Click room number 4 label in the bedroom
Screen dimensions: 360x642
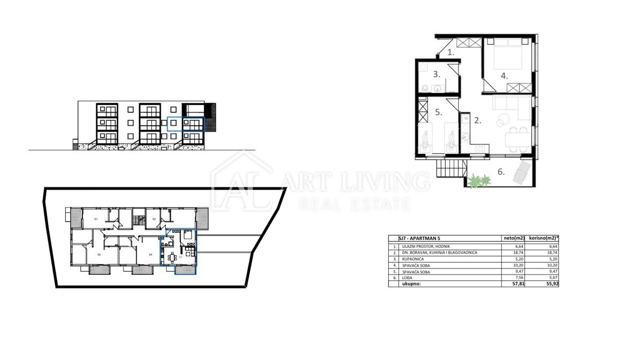click(503, 76)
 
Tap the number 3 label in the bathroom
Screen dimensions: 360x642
click(436, 74)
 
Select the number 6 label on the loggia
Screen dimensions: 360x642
click(501, 172)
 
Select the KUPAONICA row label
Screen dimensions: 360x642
click(414, 258)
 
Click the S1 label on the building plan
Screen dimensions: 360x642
click(96, 220)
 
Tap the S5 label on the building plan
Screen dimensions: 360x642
click(99, 255)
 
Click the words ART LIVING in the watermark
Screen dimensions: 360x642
click(358, 182)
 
